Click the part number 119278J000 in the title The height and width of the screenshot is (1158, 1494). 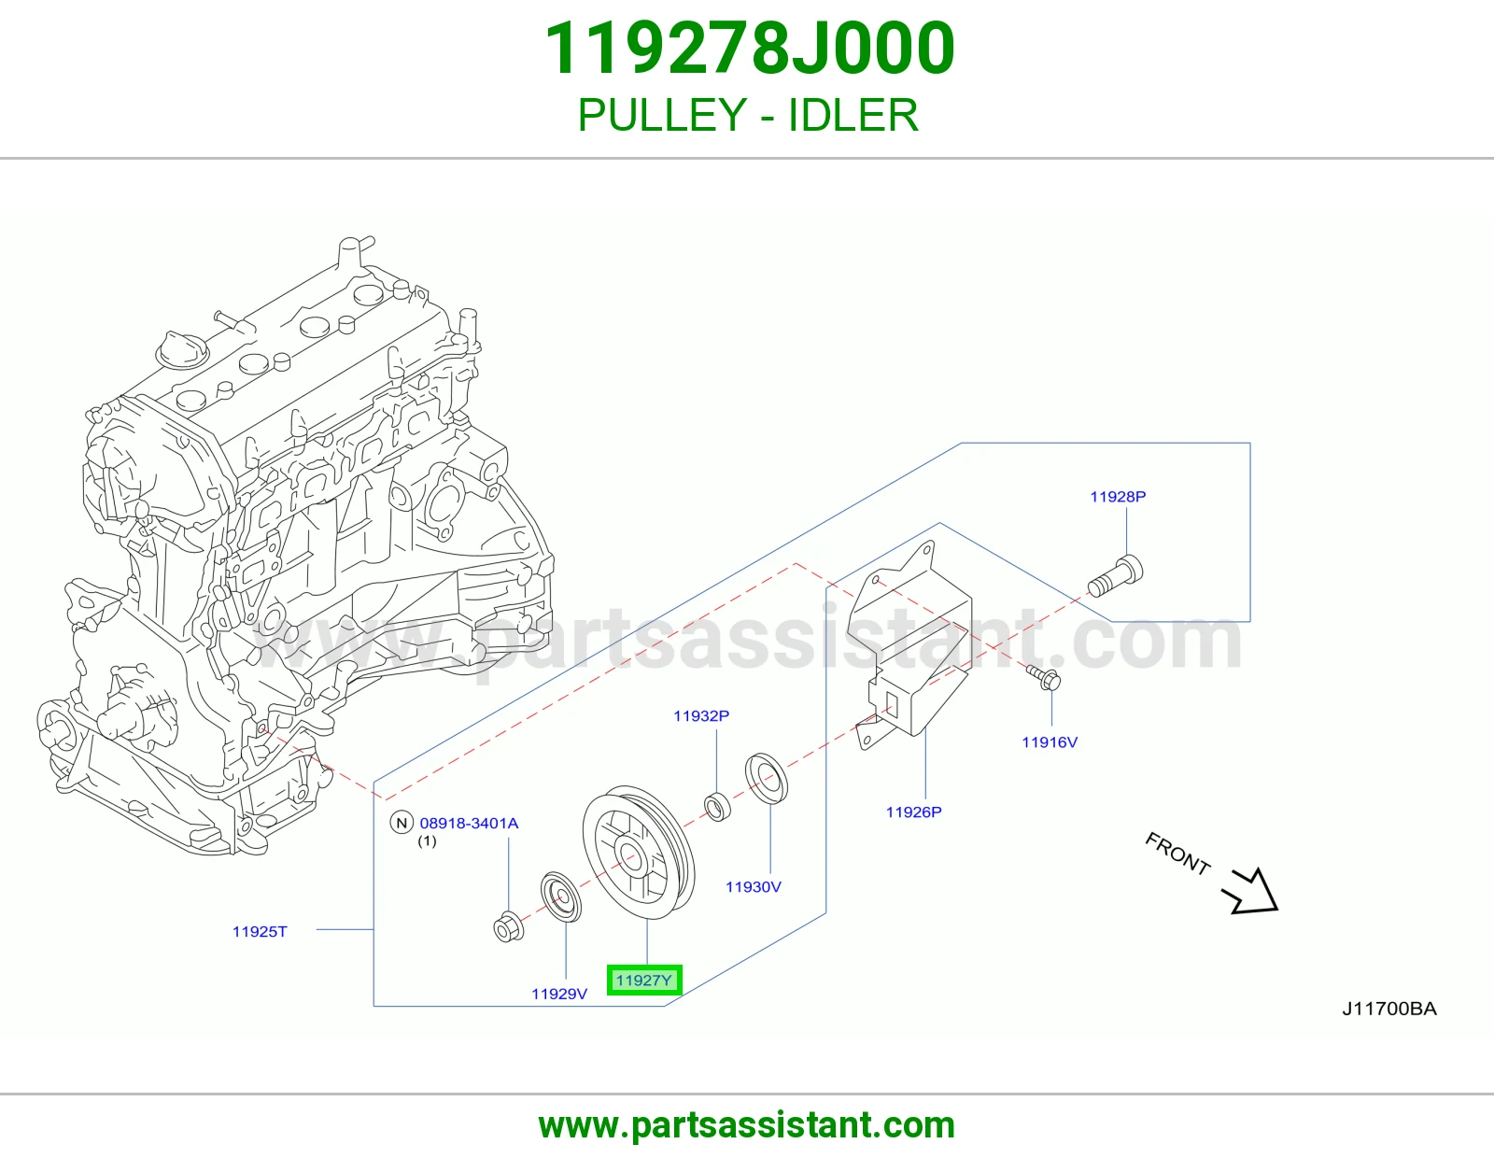[x=749, y=49]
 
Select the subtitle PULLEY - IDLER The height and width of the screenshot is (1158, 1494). [x=748, y=115]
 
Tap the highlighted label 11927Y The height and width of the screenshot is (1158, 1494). [x=644, y=980]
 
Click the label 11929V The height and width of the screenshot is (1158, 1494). [x=559, y=994]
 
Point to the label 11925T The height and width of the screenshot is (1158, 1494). [x=260, y=932]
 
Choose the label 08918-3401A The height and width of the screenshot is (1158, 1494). [x=469, y=823]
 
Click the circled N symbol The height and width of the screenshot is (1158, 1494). [x=402, y=823]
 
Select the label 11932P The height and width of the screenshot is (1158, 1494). [x=700, y=716]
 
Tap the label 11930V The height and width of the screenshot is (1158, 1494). [x=753, y=887]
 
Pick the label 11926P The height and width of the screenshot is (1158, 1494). [x=914, y=812]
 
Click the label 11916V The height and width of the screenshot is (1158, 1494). [x=1050, y=742]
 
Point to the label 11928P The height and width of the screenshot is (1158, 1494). [x=1118, y=497]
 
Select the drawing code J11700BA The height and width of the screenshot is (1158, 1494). [x=1389, y=1009]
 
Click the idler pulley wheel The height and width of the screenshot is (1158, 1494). [x=638, y=853]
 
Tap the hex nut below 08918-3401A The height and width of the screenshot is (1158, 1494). [x=509, y=927]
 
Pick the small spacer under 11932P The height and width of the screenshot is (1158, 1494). [x=718, y=807]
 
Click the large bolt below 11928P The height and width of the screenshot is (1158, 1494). [x=1116, y=577]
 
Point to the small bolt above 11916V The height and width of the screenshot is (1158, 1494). [x=1044, y=677]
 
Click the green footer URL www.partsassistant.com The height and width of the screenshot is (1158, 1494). [x=747, y=1126]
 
